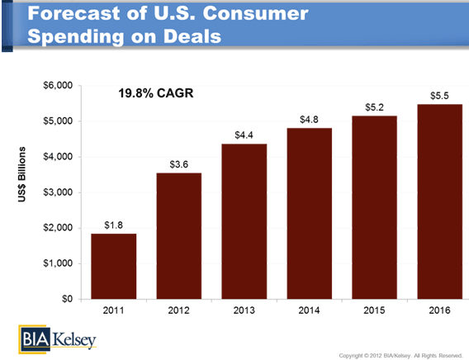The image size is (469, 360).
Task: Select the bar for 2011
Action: pyautogui.click(x=114, y=266)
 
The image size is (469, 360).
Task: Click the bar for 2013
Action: pyautogui.click(x=244, y=221)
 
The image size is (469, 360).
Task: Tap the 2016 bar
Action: pyautogui.click(x=439, y=201)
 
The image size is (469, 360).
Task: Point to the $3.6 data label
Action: pyautogui.click(x=179, y=164)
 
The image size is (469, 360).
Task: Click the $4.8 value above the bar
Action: pyautogui.click(x=310, y=120)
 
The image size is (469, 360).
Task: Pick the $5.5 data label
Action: pyautogui.click(x=439, y=96)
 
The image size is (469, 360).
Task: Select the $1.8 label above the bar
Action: pyautogui.click(x=114, y=225)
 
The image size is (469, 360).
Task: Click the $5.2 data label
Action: pyautogui.click(x=375, y=107)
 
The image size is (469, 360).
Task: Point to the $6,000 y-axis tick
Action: pyautogui.click(x=58, y=86)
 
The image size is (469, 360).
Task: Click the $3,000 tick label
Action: pyautogui.click(x=58, y=192)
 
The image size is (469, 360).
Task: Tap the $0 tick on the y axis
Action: pyautogui.click(x=67, y=299)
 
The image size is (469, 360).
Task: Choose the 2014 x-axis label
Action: pyautogui.click(x=310, y=310)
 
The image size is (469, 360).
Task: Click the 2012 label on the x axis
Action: pyautogui.click(x=179, y=310)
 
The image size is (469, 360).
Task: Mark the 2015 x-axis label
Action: pyautogui.click(x=375, y=310)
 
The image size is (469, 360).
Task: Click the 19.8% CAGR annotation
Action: pyautogui.click(x=156, y=93)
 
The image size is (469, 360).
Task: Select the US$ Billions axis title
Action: pyautogui.click(x=21, y=174)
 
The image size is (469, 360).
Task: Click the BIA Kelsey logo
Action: pyautogui.click(x=58, y=339)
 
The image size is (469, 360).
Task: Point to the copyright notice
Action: pyautogui.click(x=400, y=356)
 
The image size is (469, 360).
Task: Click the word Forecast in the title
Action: pyautogui.click(x=73, y=13)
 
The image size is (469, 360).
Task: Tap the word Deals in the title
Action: pyautogui.click(x=192, y=36)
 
